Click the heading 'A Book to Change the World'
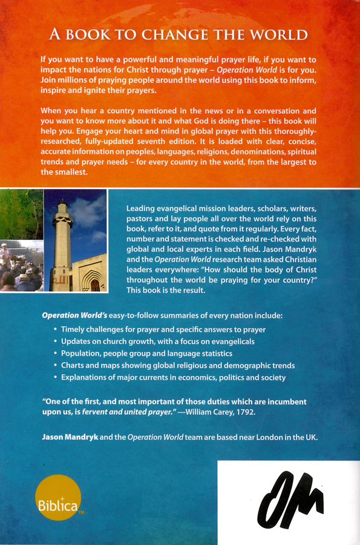pos(179,35)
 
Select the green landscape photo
pos(21,214)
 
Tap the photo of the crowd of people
pos(21,266)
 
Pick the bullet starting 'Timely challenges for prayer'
pos(163,329)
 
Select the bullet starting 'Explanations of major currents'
pos(173,378)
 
